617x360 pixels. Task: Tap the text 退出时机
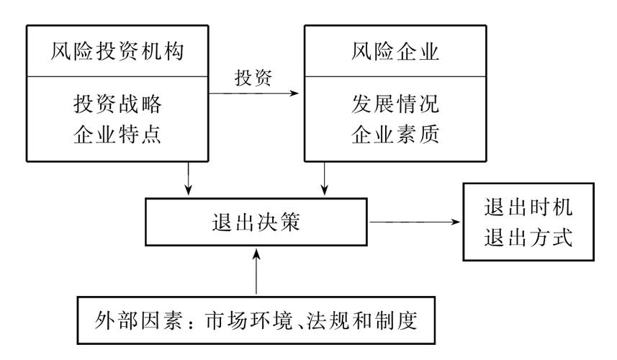[528, 207]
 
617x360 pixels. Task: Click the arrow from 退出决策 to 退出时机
[415, 223]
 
